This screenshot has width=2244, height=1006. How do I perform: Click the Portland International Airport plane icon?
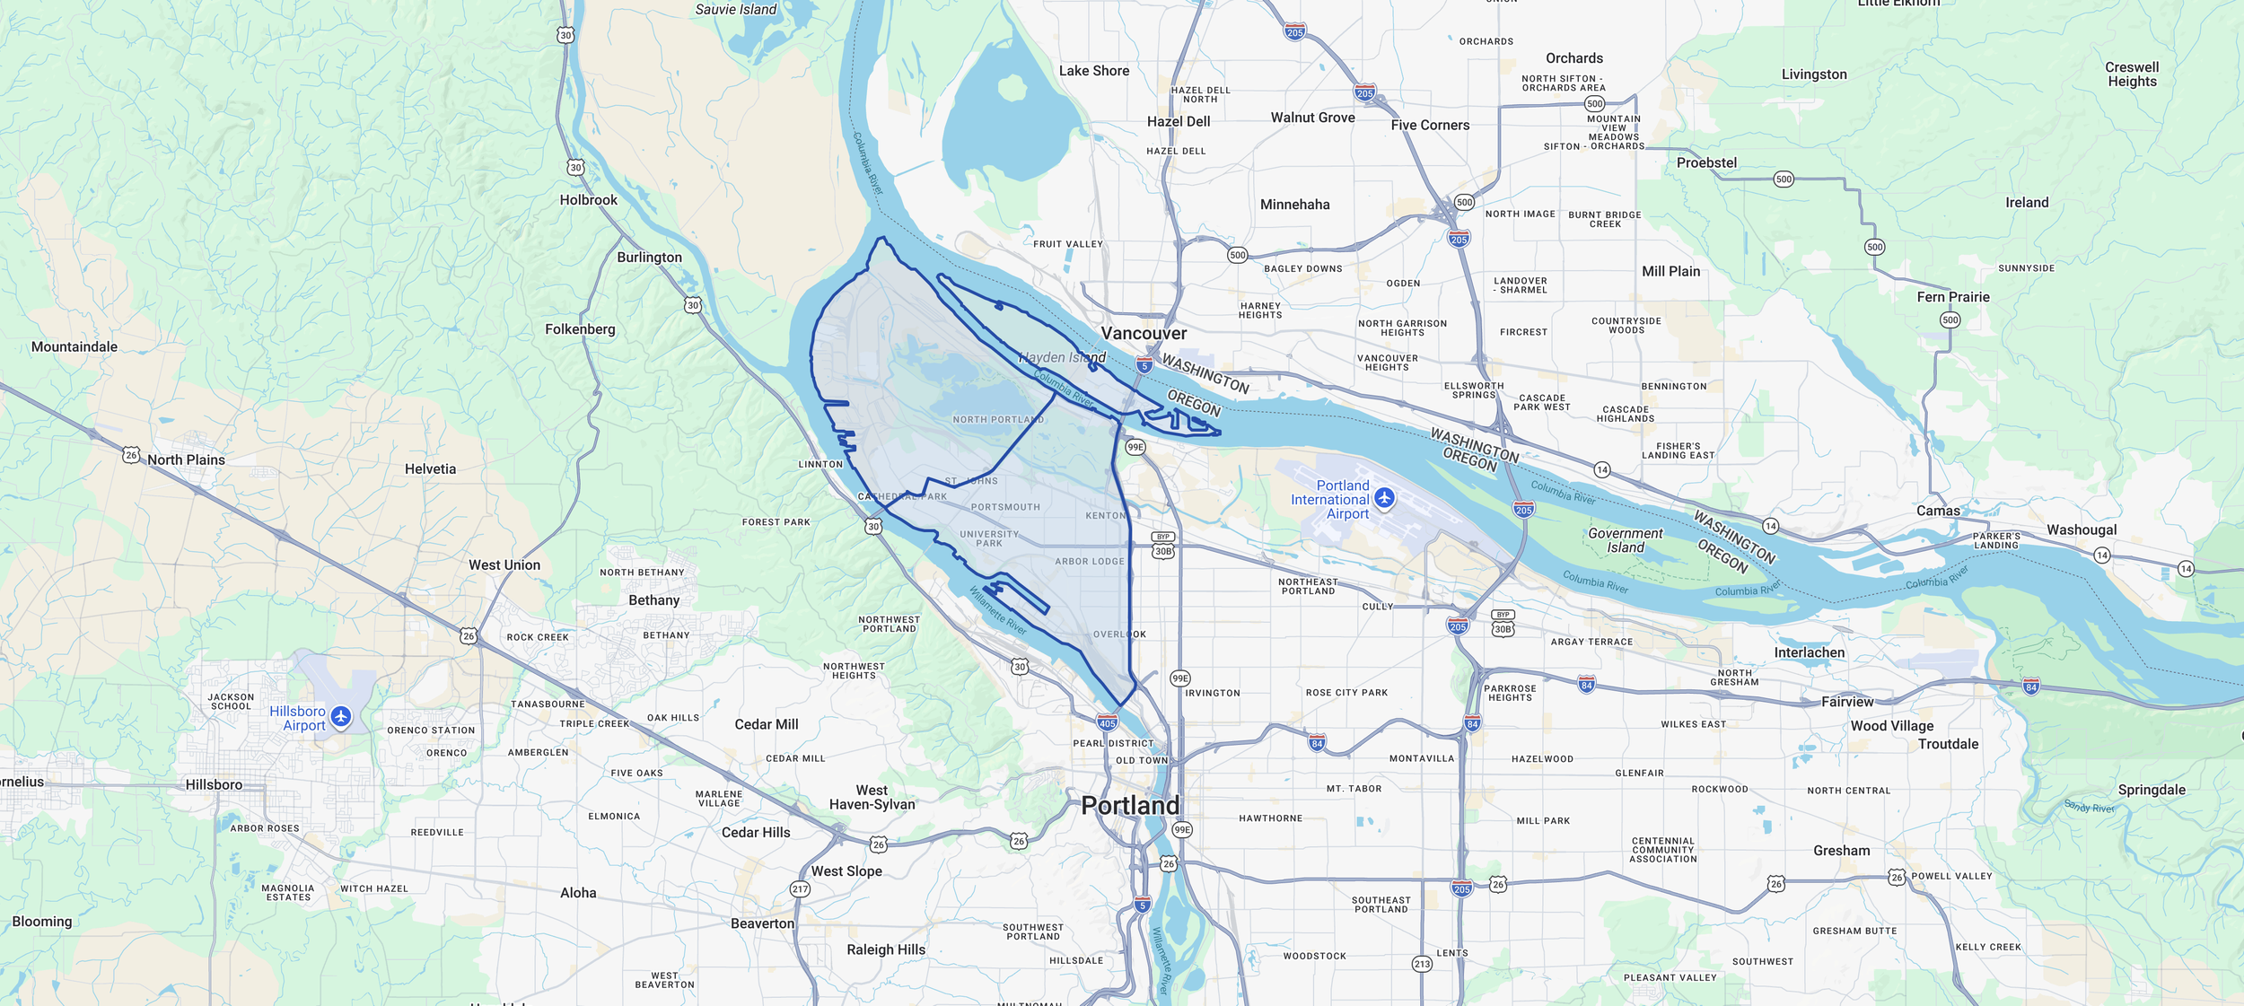tap(1384, 498)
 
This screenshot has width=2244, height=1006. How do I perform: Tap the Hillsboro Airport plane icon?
tap(340, 716)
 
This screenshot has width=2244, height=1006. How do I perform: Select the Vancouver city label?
tap(1144, 333)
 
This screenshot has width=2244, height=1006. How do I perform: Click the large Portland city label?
tap(1129, 805)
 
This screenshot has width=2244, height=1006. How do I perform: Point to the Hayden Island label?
tap(1063, 357)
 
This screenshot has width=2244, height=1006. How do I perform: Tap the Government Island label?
tap(1625, 540)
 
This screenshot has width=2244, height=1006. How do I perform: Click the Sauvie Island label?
tap(735, 9)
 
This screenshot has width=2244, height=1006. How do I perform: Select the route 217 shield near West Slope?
tap(800, 889)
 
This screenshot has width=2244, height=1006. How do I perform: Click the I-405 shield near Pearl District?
tap(1108, 722)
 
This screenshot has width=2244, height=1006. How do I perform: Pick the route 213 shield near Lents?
tap(1422, 964)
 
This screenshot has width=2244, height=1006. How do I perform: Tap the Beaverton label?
tap(762, 923)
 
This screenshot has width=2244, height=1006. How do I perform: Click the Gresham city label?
tap(1841, 851)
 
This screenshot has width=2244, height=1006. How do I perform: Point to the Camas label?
tap(1938, 511)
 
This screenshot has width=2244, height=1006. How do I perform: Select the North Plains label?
tap(186, 459)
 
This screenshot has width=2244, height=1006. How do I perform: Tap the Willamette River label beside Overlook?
tap(997, 611)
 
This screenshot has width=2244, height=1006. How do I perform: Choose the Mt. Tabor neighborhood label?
tap(1354, 789)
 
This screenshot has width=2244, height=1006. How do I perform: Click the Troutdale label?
tap(1948, 744)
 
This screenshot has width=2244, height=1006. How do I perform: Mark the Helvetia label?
tap(430, 468)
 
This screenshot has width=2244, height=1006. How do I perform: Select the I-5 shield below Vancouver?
tap(1144, 365)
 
